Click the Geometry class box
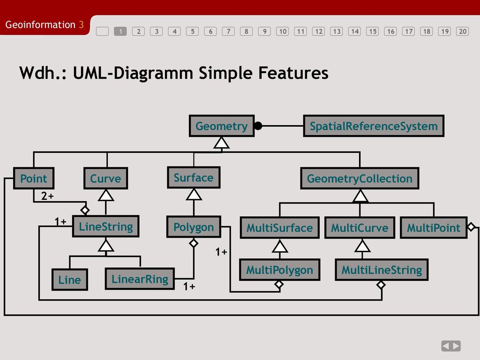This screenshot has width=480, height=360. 222,126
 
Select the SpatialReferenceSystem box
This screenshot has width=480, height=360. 374,126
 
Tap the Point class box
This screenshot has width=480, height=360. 34,178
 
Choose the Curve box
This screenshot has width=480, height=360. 105,178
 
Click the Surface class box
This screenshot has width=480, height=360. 194,178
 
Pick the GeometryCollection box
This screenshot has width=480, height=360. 360,178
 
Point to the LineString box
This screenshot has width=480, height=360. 105,226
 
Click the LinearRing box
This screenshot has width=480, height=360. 140,279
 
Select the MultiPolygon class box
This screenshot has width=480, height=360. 280,270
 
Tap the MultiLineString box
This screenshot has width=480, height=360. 382,270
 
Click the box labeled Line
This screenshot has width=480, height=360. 70,279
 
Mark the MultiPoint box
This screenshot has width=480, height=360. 434,227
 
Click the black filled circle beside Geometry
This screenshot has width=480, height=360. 258,126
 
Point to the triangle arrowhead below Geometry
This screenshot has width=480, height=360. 221,142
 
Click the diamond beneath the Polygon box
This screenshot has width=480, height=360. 194,243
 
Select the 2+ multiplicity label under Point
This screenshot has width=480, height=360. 47,196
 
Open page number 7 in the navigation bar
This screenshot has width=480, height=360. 228,31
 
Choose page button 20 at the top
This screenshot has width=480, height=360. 463,31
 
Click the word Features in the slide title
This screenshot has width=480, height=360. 293,73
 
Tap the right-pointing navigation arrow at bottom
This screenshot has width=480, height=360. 456,346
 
